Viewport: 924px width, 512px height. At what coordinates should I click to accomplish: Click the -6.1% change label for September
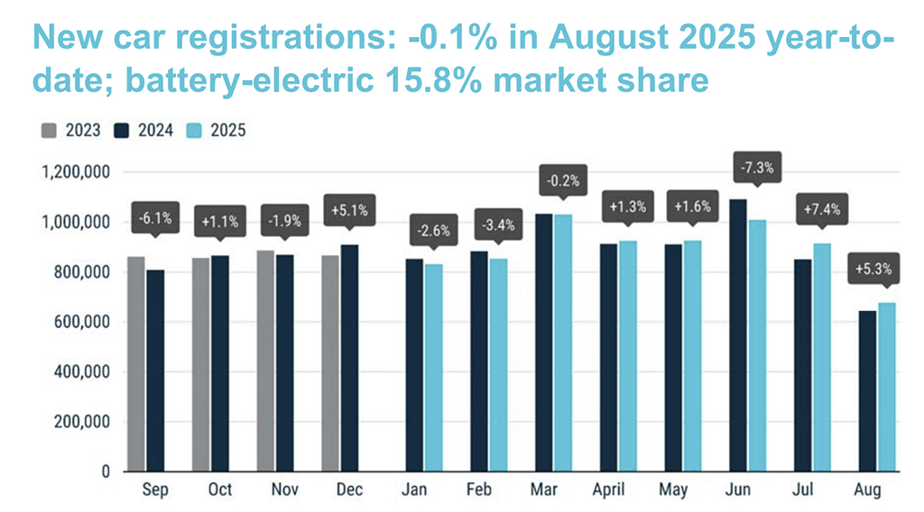point(152,219)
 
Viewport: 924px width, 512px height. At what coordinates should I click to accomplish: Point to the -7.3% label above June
point(756,169)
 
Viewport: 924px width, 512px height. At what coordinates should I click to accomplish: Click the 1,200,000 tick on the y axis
point(72,172)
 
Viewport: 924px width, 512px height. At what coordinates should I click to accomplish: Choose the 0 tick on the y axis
point(104,471)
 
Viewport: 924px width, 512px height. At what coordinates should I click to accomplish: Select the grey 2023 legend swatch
point(49,131)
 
